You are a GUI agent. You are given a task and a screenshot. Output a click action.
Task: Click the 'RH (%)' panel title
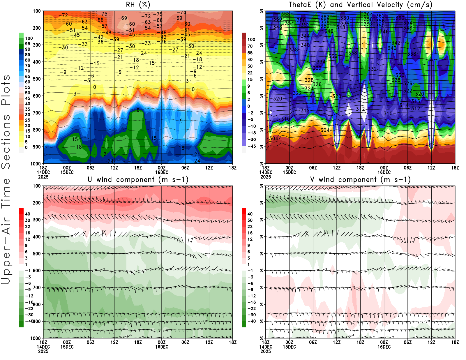[x=138, y=5]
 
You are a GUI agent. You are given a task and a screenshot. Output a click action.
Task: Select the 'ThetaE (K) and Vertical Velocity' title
[x=360, y=5]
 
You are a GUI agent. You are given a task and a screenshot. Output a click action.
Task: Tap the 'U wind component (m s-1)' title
[x=138, y=179]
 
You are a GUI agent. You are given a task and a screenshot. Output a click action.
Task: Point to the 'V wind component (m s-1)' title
[x=360, y=179]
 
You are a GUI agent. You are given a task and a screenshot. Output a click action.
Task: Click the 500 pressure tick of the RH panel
[x=37, y=79]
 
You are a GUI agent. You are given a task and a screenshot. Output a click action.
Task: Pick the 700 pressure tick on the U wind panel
[x=37, y=287]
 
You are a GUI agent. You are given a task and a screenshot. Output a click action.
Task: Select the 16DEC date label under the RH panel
[x=162, y=172]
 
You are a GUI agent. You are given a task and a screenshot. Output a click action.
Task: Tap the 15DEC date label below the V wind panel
[x=289, y=347]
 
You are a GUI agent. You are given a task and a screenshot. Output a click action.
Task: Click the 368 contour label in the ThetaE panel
[x=285, y=14]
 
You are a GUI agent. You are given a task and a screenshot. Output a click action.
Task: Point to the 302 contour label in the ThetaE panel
[x=360, y=136]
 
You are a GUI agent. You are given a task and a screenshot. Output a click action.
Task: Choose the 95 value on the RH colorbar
[x=27, y=44]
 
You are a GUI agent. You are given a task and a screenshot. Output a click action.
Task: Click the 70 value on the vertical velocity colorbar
[x=250, y=46]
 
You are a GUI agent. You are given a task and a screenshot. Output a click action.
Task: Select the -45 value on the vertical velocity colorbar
[x=251, y=146]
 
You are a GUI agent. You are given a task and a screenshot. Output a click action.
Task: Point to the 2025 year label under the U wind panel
[x=43, y=351]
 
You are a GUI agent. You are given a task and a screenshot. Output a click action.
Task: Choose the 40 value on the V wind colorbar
[x=250, y=214]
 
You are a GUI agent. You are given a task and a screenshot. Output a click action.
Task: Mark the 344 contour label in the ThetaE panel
[x=305, y=36]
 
